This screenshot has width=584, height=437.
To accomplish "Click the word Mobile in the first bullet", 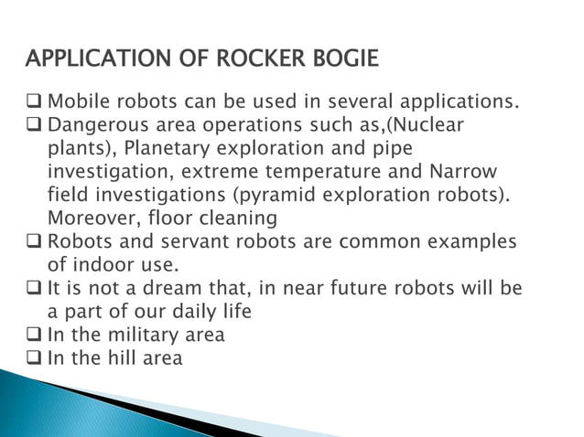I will click(78, 100).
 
